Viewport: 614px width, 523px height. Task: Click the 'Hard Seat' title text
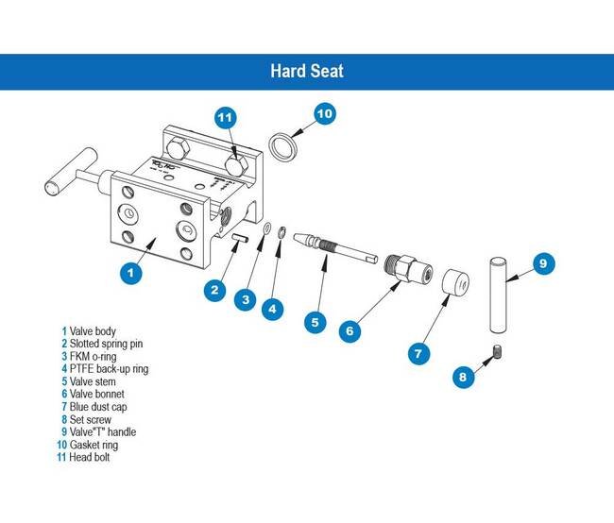pos(306,71)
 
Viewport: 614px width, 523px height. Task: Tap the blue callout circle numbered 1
pos(131,271)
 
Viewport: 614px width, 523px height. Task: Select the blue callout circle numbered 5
pos(316,321)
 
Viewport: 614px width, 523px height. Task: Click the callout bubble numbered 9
pos(541,264)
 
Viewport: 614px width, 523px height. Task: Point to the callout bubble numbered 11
pos(224,118)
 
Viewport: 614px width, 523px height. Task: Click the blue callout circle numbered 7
pos(418,354)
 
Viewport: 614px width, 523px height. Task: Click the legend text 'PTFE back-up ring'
pos(108,368)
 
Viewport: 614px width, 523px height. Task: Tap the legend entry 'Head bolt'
pos(92,457)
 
